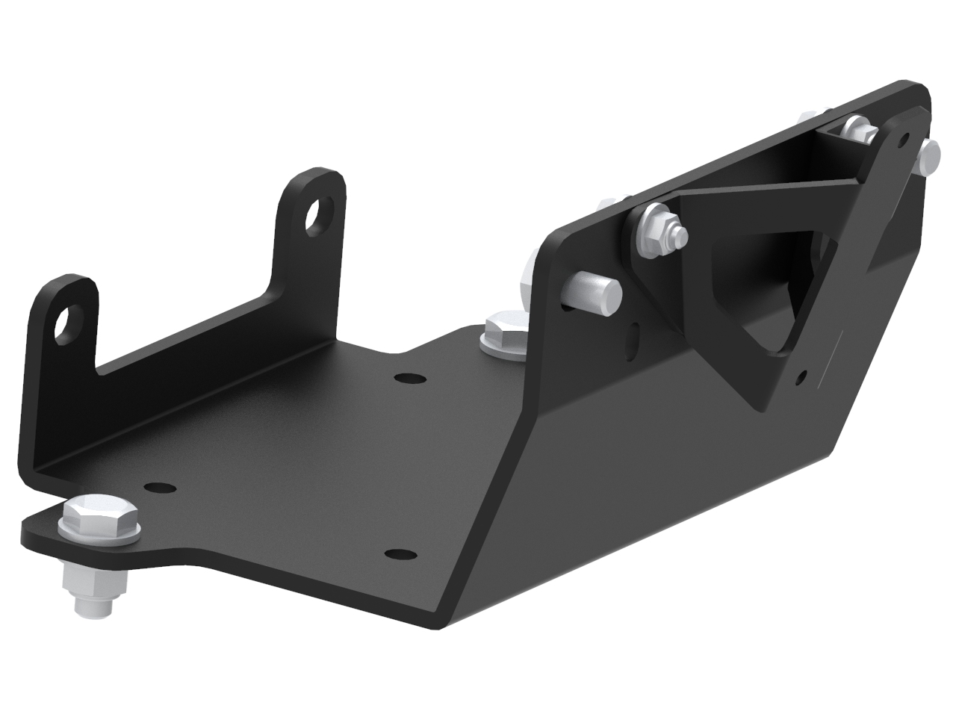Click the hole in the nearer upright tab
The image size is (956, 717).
click(69, 320)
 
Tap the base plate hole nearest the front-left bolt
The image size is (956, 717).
click(156, 488)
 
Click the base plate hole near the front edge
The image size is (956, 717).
click(400, 554)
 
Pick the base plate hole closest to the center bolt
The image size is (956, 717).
click(406, 378)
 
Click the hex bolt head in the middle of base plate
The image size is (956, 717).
click(504, 329)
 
